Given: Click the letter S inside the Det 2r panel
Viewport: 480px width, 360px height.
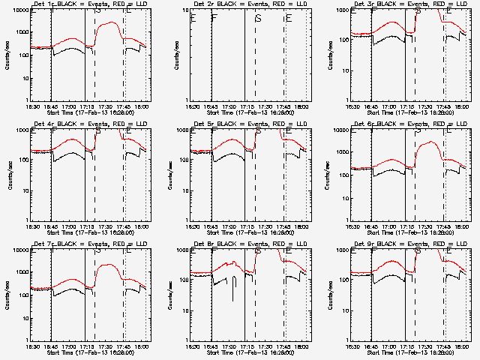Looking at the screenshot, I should point(259,18).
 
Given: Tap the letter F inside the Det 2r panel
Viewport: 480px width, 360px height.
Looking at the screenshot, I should point(214,18).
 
